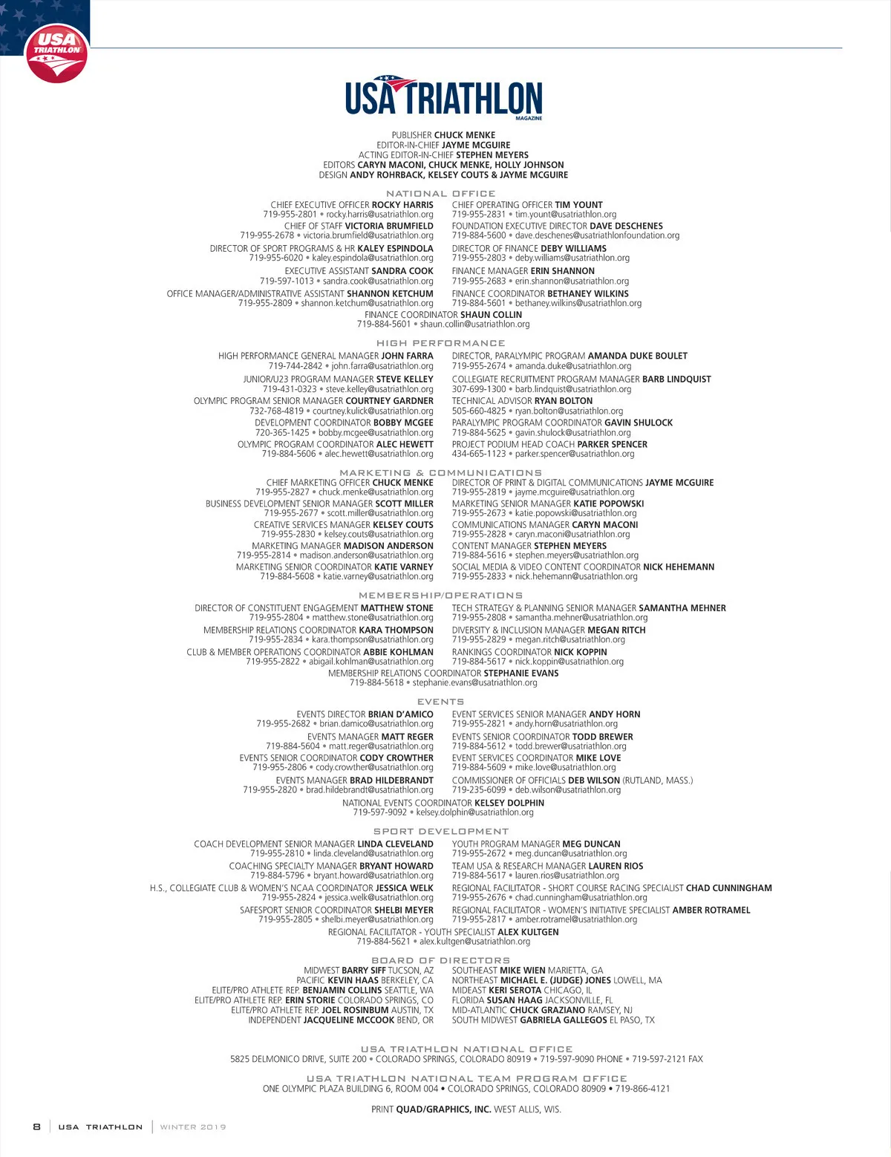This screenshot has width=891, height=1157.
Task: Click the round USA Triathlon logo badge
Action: click(x=56, y=53)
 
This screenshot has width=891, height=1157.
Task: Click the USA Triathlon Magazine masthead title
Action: click(x=444, y=97)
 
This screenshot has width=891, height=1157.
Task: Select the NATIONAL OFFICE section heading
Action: click(x=440, y=193)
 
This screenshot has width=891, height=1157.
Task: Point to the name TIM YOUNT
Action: click(x=578, y=205)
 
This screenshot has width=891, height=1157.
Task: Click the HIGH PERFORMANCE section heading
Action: click(x=440, y=343)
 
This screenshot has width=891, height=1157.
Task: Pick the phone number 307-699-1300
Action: click(x=479, y=389)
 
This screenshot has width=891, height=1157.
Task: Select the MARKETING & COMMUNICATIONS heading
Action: click(x=440, y=472)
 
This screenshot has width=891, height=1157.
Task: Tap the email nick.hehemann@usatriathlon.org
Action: click(x=576, y=576)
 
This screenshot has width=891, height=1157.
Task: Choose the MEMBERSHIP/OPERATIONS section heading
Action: click(x=440, y=595)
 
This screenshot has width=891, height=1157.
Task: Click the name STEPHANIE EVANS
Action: click(x=521, y=673)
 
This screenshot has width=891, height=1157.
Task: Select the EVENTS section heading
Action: click(x=440, y=701)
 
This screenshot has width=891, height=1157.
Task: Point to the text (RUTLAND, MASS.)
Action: click(x=658, y=780)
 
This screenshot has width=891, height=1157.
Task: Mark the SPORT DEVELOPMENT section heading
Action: click(x=440, y=831)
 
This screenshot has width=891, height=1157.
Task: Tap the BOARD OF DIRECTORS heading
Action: click(x=440, y=960)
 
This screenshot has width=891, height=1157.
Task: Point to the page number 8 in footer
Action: click(x=36, y=1127)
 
